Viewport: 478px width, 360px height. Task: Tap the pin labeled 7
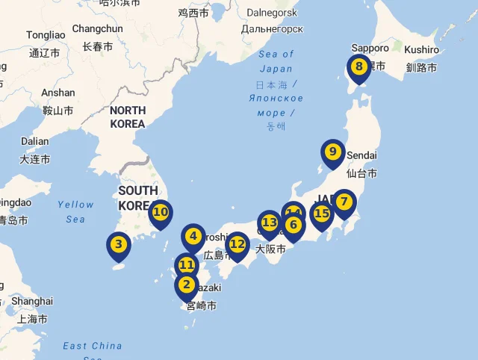344,202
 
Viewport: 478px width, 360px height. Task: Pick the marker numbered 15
322,214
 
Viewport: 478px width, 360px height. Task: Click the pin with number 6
293,225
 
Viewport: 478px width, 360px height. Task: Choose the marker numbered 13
269,223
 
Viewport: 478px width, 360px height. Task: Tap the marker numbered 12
238,244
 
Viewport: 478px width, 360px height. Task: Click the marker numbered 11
187,265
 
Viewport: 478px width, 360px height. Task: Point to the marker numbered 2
186,285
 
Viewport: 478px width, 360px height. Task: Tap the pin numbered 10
161,212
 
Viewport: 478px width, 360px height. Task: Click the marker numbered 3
118,244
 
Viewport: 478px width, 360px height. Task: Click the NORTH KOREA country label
127,117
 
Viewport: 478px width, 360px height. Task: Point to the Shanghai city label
33,301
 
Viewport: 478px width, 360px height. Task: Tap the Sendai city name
362,155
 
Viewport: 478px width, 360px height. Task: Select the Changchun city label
97,28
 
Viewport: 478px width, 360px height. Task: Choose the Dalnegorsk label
272,13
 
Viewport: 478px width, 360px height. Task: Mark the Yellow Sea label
75,211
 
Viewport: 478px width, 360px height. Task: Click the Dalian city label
34,141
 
